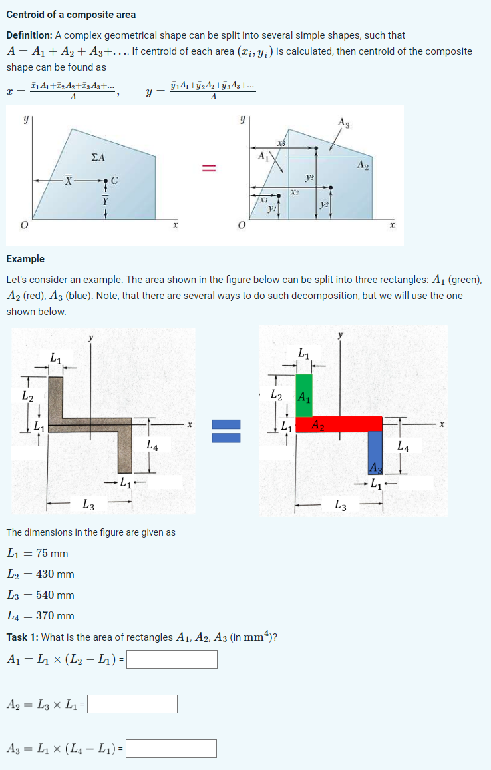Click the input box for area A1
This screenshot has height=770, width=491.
172,659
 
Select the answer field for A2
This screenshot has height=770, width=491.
132,704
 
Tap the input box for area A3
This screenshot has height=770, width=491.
171,749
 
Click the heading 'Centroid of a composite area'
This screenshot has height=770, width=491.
71,15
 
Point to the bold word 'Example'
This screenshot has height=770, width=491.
25,259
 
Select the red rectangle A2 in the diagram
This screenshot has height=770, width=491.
339,424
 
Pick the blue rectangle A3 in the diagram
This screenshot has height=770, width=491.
375,450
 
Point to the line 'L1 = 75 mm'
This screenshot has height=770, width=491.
37,554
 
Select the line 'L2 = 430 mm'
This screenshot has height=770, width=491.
40,574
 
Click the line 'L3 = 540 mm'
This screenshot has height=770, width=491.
40,595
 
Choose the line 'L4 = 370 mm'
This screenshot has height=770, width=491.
40,616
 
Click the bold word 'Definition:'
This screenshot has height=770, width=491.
29,35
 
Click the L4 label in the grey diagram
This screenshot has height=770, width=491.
152,444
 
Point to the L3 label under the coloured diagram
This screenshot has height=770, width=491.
341,506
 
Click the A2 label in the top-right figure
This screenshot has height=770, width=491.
363,164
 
